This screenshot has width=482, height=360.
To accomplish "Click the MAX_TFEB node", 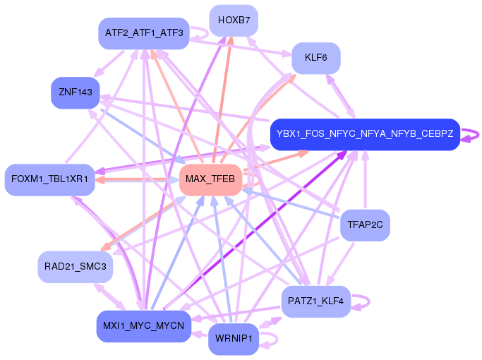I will [210, 180].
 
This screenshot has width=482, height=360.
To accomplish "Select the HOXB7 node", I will [234, 20].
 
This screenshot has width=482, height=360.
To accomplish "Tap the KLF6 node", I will [315, 58].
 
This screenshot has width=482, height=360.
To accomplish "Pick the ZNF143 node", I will [75, 92].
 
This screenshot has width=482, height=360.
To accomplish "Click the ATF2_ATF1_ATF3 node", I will [143, 33].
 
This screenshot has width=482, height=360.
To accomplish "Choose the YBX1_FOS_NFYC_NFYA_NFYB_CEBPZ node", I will [365, 133].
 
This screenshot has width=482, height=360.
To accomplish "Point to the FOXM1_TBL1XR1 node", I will [49, 179].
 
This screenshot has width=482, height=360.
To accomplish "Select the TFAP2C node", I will [364, 226].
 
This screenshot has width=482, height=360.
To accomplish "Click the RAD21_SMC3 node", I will [75, 266].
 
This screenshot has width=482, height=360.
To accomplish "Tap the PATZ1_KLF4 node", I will [315, 301].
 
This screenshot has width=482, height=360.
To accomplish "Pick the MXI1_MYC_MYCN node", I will [143, 325].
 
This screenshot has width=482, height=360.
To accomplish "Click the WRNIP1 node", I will [234, 340].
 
